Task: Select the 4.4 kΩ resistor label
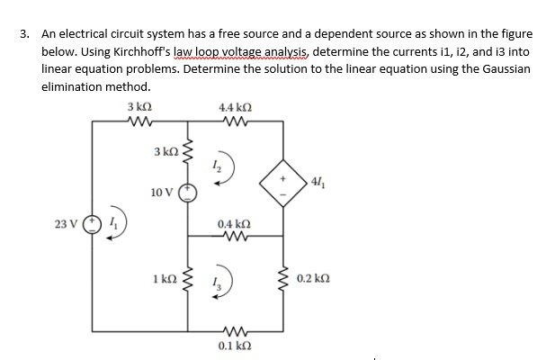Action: click(x=233, y=108)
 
